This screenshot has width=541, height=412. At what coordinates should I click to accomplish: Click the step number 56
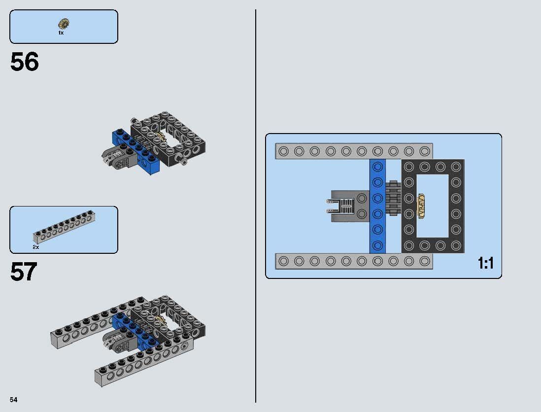pos(24,63)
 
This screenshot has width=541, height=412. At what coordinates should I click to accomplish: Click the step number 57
pos(24,272)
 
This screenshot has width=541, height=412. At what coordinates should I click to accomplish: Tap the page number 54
pos(13,399)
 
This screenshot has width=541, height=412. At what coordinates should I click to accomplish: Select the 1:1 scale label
pos(485,264)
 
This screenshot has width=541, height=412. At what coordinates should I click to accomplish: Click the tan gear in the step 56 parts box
pos(64,23)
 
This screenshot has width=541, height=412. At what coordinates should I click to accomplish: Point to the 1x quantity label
pos(61,33)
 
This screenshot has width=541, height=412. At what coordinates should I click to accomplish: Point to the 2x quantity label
pos(36,247)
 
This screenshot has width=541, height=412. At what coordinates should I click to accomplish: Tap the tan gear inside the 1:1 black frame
pos(421,206)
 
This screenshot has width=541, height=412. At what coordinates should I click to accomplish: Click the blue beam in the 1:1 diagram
pos(377,206)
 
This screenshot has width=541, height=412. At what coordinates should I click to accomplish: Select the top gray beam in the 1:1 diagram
pos(354,151)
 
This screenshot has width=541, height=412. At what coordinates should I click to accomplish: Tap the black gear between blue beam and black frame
pos(393,198)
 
